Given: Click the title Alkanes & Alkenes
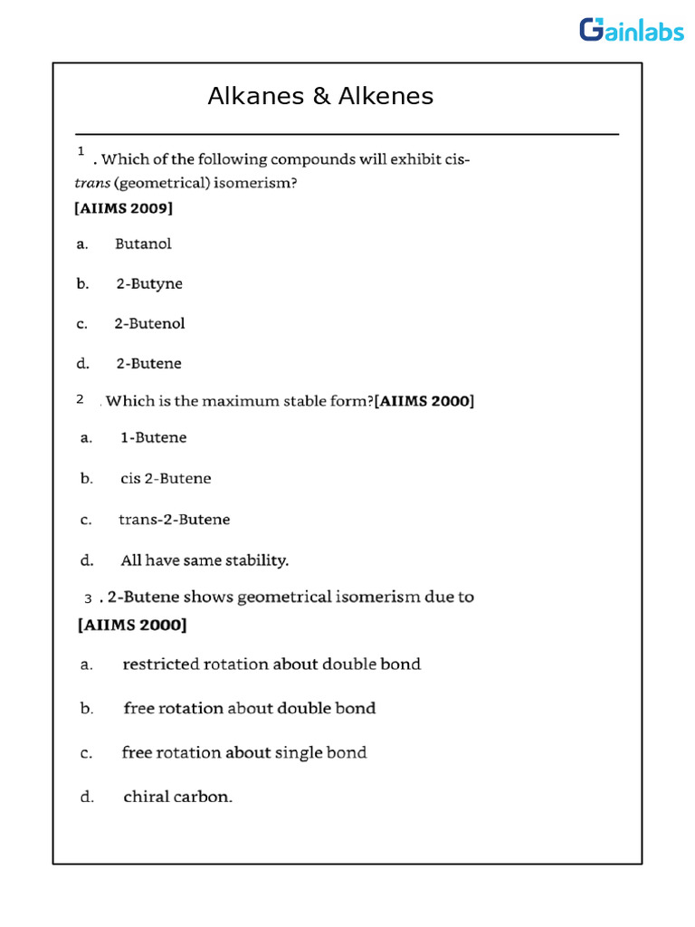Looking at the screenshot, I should pyautogui.click(x=320, y=96).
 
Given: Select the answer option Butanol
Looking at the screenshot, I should pyautogui.click(x=143, y=244).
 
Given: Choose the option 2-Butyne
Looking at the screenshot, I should pyautogui.click(x=149, y=283).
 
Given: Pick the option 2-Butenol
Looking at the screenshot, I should pyautogui.click(x=149, y=323).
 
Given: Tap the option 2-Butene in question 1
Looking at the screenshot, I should pyautogui.click(x=148, y=363).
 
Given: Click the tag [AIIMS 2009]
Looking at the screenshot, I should pyautogui.click(x=123, y=208).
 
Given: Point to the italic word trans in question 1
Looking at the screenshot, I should pyautogui.click(x=90, y=184).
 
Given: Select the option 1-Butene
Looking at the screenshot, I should pyautogui.click(x=154, y=437).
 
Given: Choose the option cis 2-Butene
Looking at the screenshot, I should pyautogui.click(x=166, y=478).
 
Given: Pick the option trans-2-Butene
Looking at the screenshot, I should pyautogui.click(x=175, y=520).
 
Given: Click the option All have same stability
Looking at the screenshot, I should pyautogui.click(x=205, y=560).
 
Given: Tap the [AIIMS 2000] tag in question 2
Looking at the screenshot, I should pyautogui.click(x=424, y=400).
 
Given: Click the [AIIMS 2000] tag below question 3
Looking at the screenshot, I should pyautogui.click(x=132, y=625).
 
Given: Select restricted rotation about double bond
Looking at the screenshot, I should pyautogui.click(x=271, y=664).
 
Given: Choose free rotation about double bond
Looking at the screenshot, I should pyautogui.click(x=250, y=708).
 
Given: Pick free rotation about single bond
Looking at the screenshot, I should pyautogui.click(x=244, y=752).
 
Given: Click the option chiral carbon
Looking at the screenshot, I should pyautogui.click(x=178, y=798).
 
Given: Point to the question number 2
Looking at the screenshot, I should pyautogui.click(x=81, y=399).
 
